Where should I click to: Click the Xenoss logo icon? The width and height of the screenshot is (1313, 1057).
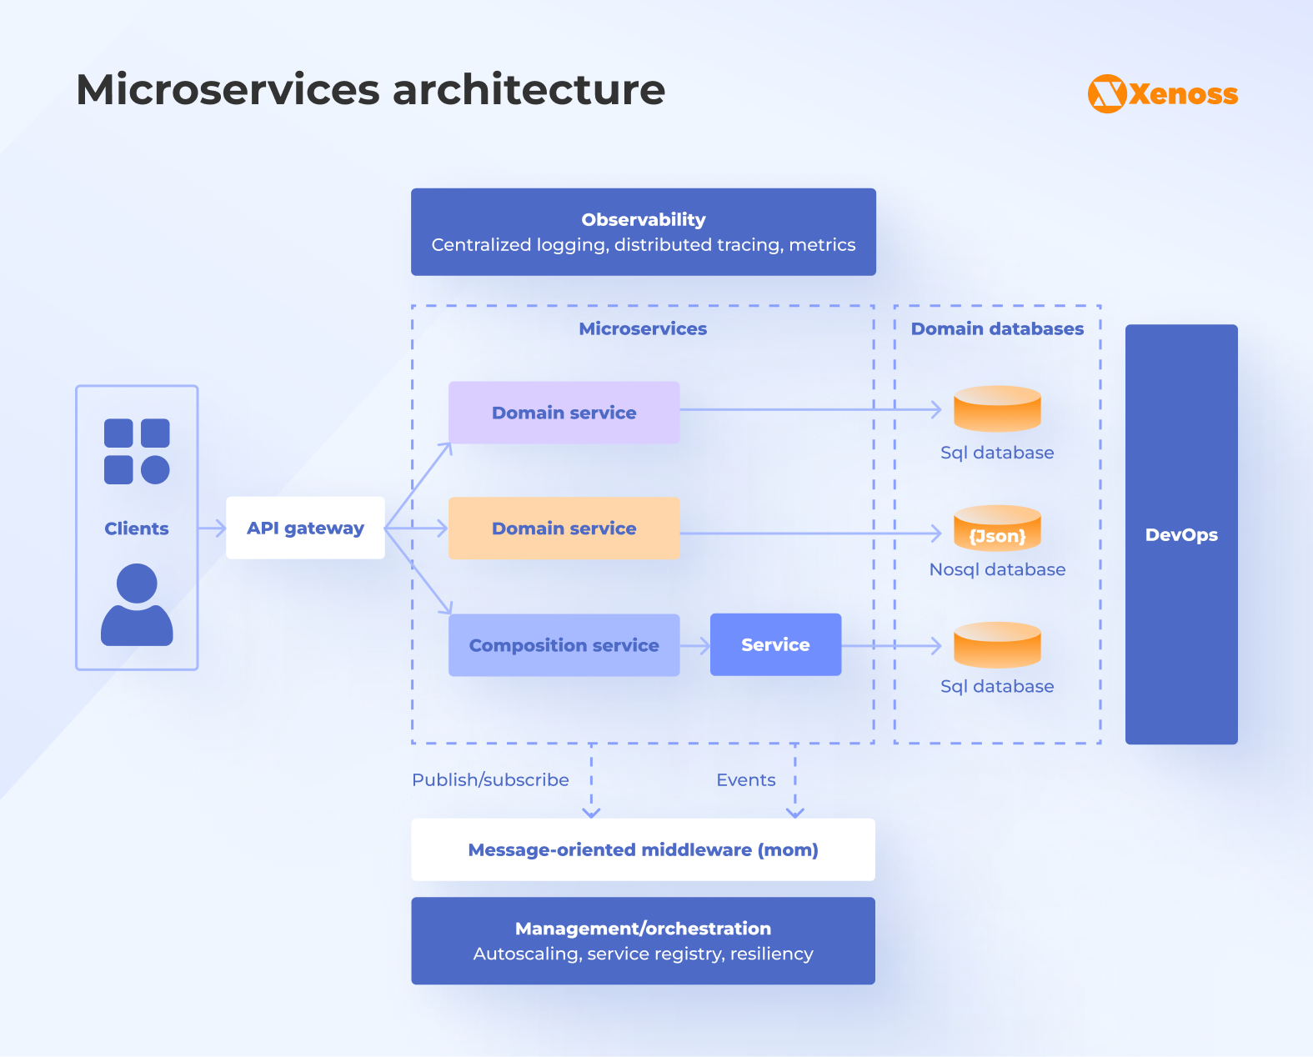tap(1107, 94)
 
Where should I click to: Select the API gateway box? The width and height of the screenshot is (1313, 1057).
tap(305, 528)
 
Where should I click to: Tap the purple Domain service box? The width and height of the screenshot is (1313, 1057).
tap(564, 413)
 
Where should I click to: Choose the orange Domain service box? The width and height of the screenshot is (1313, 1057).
tap(564, 528)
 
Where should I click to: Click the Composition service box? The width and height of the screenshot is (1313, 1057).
tap(564, 645)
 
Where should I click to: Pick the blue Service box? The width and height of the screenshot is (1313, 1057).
tap(775, 644)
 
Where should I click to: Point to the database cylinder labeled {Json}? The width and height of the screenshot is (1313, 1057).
tap(997, 528)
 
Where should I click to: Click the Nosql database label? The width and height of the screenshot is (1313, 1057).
tap(997, 569)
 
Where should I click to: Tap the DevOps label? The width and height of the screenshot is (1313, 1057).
tap(1181, 535)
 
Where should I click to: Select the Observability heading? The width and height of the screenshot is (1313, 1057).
tap(644, 219)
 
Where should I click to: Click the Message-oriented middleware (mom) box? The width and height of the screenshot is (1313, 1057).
tap(643, 849)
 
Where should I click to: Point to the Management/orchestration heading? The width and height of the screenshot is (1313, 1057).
tap(643, 929)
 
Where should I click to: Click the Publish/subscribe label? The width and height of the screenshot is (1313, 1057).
tap(490, 779)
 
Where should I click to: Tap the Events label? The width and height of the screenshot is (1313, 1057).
tap(745, 779)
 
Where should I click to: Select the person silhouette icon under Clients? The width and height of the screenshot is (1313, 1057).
tap(137, 605)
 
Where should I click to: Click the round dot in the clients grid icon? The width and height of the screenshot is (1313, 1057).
tap(155, 470)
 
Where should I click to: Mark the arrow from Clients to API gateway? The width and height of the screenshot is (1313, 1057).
tap(213, 528)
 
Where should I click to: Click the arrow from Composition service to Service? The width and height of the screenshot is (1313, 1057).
tap(695, 645)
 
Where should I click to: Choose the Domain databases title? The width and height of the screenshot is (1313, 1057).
tap(997, 328)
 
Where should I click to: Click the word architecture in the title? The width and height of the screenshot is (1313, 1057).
tap(529, 89)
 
